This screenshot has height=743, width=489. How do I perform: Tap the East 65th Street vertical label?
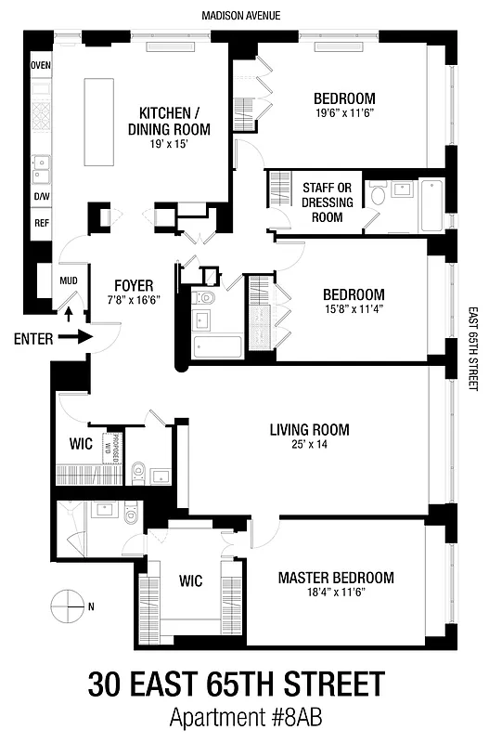click(x=472, y=348)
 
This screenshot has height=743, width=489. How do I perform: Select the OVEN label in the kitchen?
click(x=41, y=65)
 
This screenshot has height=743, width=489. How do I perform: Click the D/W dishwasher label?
click(x=42, y=197)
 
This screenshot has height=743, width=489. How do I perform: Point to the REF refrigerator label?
click(x=42, y=223)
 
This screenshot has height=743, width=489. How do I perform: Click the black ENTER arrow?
click(x=79, y=338)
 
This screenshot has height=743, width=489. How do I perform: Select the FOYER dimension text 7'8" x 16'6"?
click(x=134, y=300)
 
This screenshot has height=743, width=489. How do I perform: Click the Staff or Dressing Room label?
click(x=322, y=202)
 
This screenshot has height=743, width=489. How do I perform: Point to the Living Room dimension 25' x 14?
click(x=309, y=445)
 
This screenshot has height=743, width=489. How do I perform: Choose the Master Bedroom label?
click(x=336, y=578)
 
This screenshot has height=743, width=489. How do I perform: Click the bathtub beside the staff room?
click(x=431, y=206)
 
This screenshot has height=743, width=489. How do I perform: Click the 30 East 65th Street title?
click(x=236, y=685)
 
